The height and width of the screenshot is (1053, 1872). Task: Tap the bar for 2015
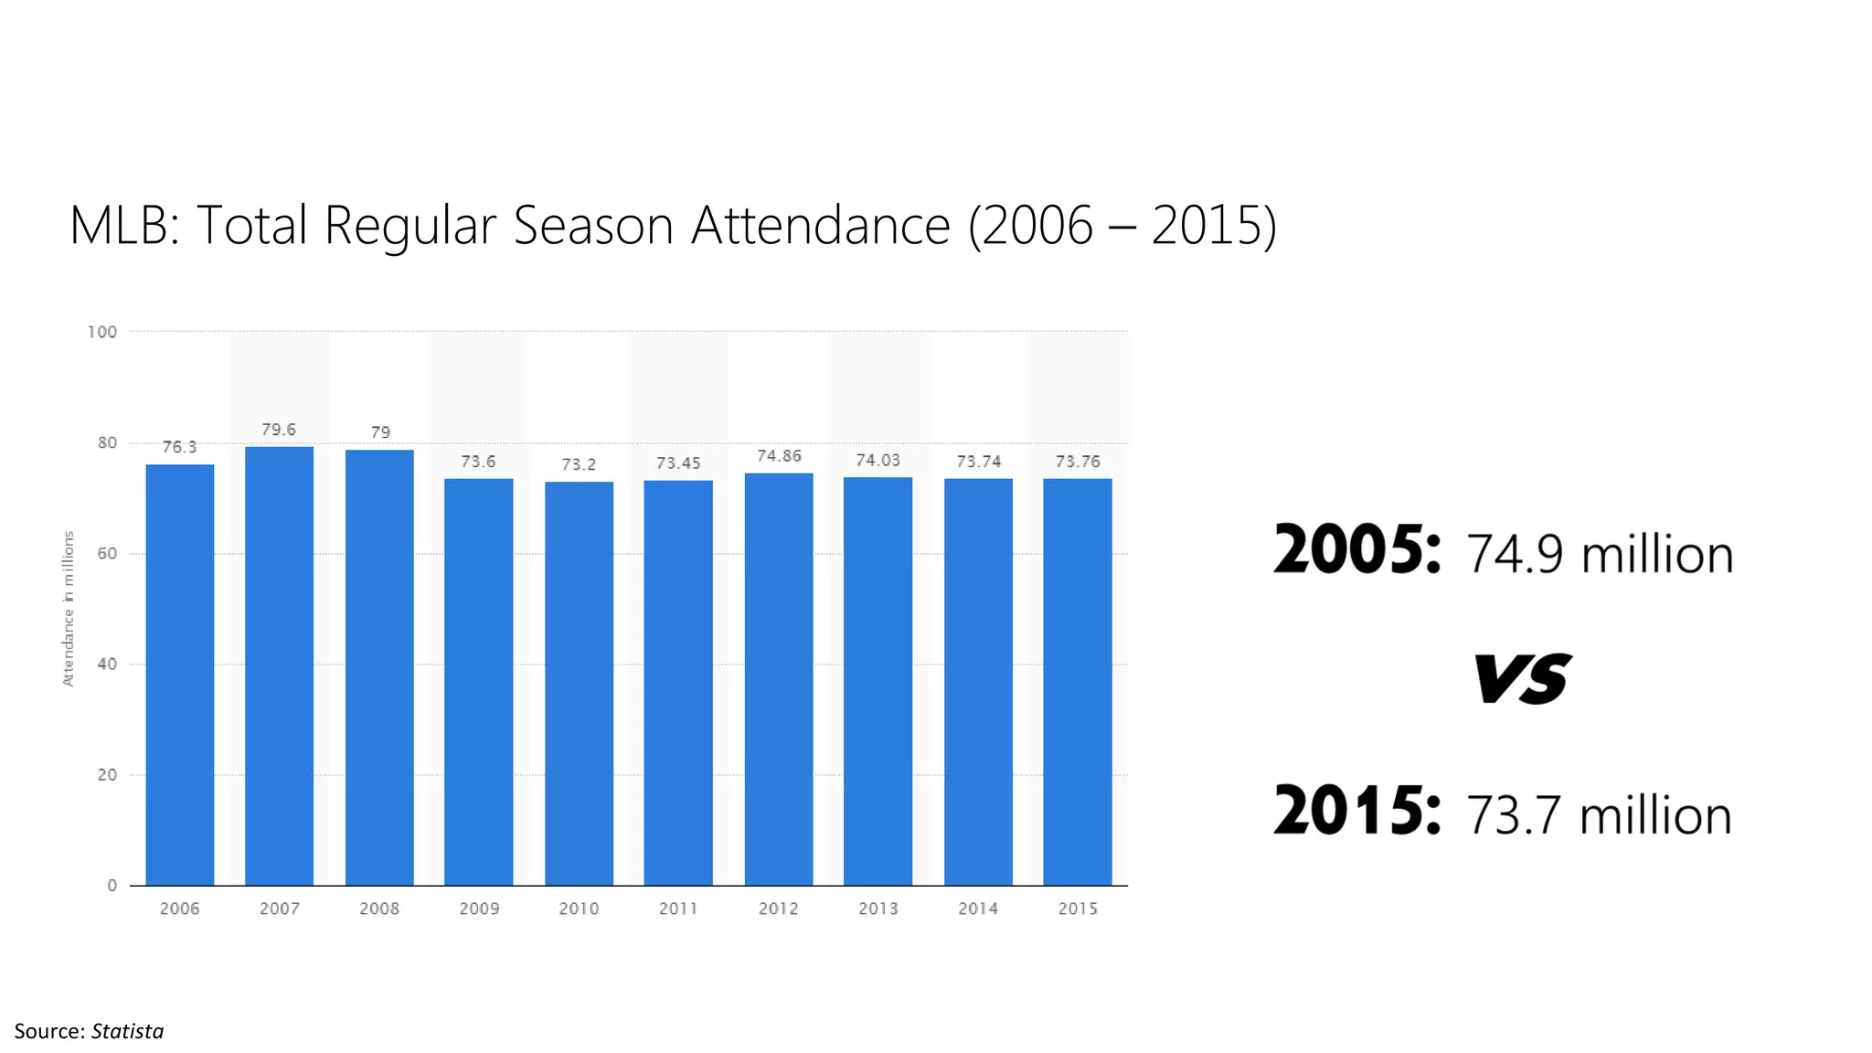click(1077, 681)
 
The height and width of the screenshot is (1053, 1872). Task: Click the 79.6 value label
click(279, 430)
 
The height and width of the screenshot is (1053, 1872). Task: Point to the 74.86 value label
click(779, 456)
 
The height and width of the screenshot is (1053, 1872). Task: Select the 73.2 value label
click(579, 464)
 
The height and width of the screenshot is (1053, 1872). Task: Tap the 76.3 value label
click(179, 447)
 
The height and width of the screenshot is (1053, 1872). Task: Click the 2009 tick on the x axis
click(479, 909)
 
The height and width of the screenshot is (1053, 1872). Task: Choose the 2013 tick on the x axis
click(878, 909)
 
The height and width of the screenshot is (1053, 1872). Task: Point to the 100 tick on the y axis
click(102, 332)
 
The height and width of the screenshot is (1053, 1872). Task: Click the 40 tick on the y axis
click(107, 665)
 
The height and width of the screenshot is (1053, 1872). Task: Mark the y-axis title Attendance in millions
click(68, 609)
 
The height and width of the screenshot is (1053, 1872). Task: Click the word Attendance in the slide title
click(820, 225)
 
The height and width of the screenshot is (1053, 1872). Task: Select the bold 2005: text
click(1357, 550)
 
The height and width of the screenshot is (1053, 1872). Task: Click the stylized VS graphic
click(1522, 678)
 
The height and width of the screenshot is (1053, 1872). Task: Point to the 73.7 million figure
click(1599, 815)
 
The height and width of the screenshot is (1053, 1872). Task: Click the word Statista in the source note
click(127, 1031)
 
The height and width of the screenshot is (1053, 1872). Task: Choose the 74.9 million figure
click(1600, 555)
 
